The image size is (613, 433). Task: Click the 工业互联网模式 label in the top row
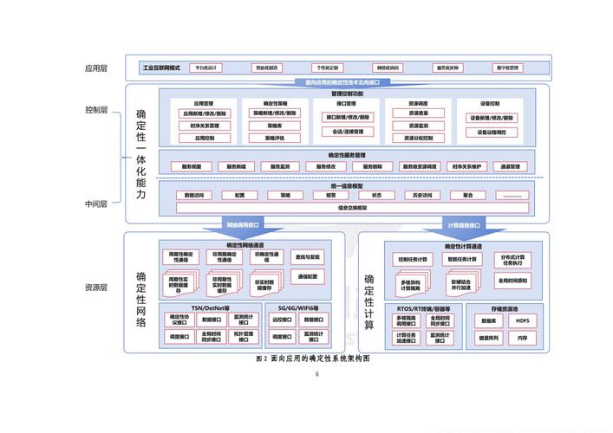point(162,68)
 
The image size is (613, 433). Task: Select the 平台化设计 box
point(205,68)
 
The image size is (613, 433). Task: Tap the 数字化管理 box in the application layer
point(508,68)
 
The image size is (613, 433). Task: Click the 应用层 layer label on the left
point(95,68)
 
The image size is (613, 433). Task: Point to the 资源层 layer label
point(95,288)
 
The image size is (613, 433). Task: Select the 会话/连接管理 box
point(348,132)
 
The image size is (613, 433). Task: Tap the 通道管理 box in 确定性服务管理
point(508,166)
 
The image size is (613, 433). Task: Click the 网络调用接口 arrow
point(244,224)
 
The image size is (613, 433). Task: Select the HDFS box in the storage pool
point(522,321)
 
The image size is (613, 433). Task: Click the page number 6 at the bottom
point(317,374)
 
